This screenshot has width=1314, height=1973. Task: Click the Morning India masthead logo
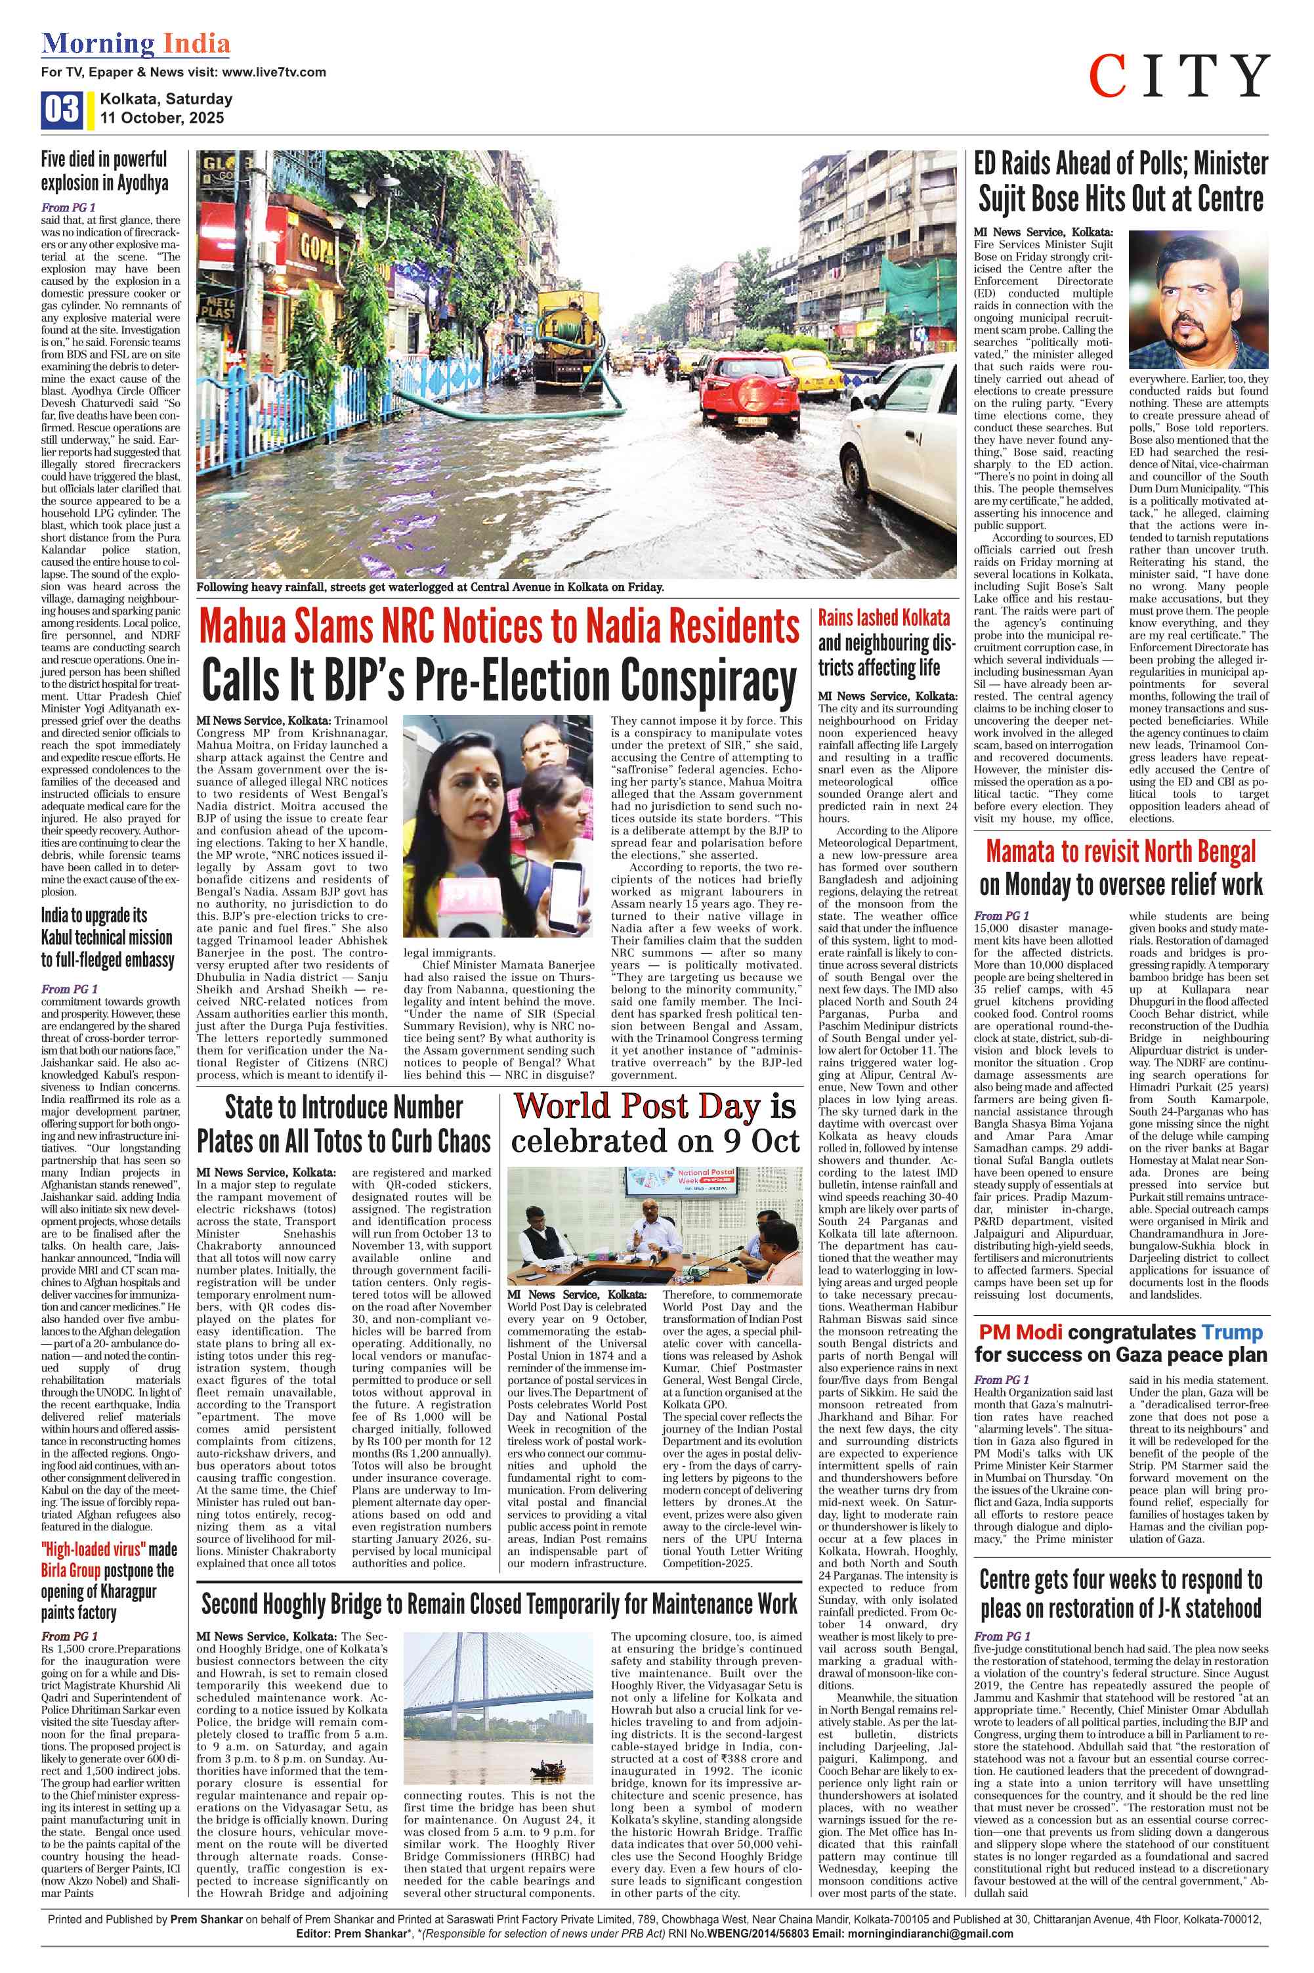point(136,43)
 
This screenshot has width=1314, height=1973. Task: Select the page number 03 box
point(61,110)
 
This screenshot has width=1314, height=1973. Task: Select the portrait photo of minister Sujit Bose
point(1198,299)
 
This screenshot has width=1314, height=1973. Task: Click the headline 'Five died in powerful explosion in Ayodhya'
point(105,170)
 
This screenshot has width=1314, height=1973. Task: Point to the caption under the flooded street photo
point(430,588)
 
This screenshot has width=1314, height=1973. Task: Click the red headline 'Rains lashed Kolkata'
point(884,618)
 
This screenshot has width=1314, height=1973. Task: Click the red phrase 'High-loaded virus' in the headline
point(92,1550)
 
